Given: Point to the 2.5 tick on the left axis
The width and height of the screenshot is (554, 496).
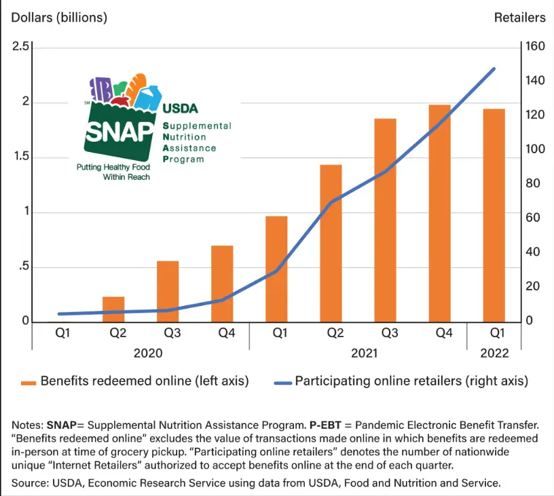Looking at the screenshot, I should coord(20,47).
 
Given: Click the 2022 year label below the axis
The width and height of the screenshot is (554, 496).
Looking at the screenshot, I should coord(494,354).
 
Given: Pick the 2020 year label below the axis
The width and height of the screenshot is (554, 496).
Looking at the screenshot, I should coord(148,354).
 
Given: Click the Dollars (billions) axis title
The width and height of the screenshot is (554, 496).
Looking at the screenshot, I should coord(59,18).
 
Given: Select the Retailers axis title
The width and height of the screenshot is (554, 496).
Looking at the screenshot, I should coord(519,18).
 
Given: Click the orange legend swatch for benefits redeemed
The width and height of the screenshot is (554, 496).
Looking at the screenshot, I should coord(28,383).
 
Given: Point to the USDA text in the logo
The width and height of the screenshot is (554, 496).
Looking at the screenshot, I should coord(180,108).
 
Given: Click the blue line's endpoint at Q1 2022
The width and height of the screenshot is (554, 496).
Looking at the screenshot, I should coord(494,69).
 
